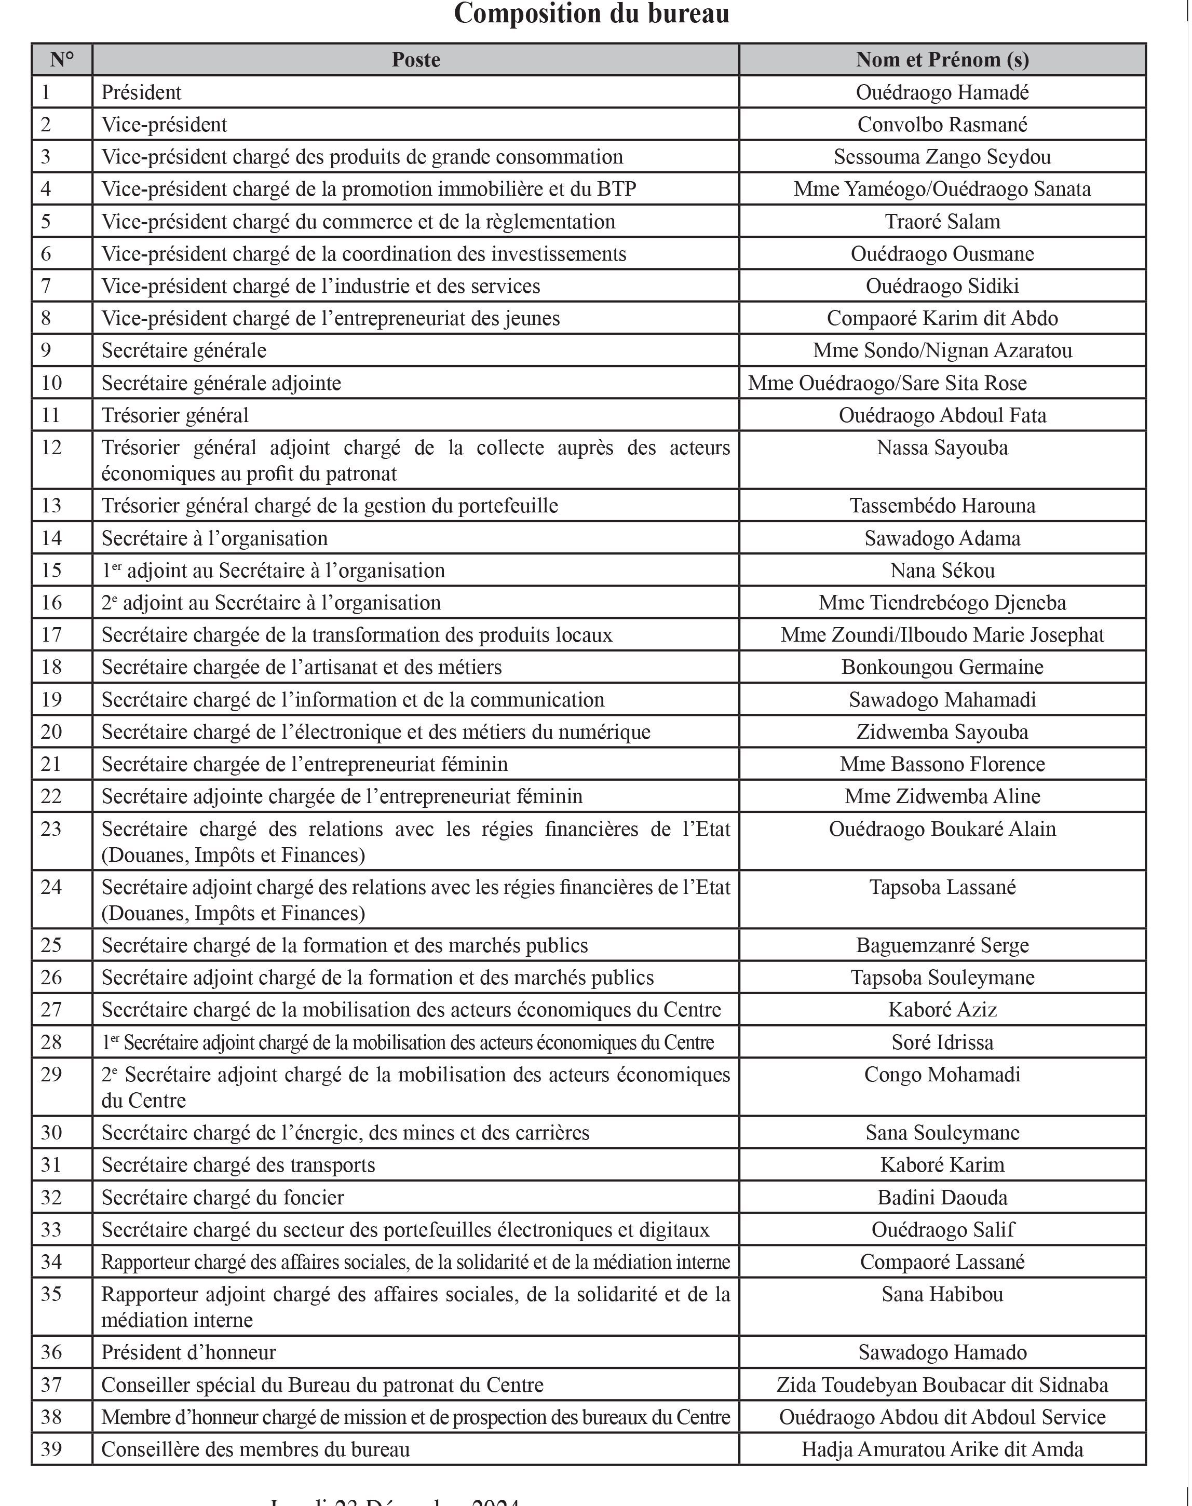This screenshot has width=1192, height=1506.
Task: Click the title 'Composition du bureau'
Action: click(x=591, y=13)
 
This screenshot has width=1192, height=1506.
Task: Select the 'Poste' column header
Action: click(x=415, y=60)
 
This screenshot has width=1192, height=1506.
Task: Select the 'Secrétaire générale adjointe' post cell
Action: click(x=221, y=383)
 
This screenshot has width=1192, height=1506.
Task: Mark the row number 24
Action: click(x=51, y=887)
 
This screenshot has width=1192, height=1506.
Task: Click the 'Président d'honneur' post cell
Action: click(x=188, y=1352)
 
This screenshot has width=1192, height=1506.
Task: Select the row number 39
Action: click(x=51, y=1449)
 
